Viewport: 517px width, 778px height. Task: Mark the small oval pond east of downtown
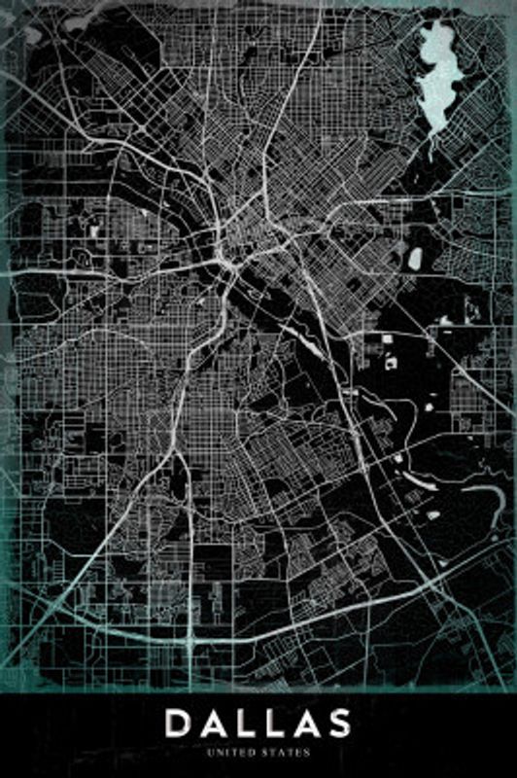[x=415, y=258]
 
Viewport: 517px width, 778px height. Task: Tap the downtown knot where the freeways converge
[x=226, y=257]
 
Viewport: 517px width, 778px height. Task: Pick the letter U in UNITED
[x=211, y=752]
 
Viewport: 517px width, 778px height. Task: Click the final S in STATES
[x=308, y=752]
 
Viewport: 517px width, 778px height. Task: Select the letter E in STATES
[x=299, y=752]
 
